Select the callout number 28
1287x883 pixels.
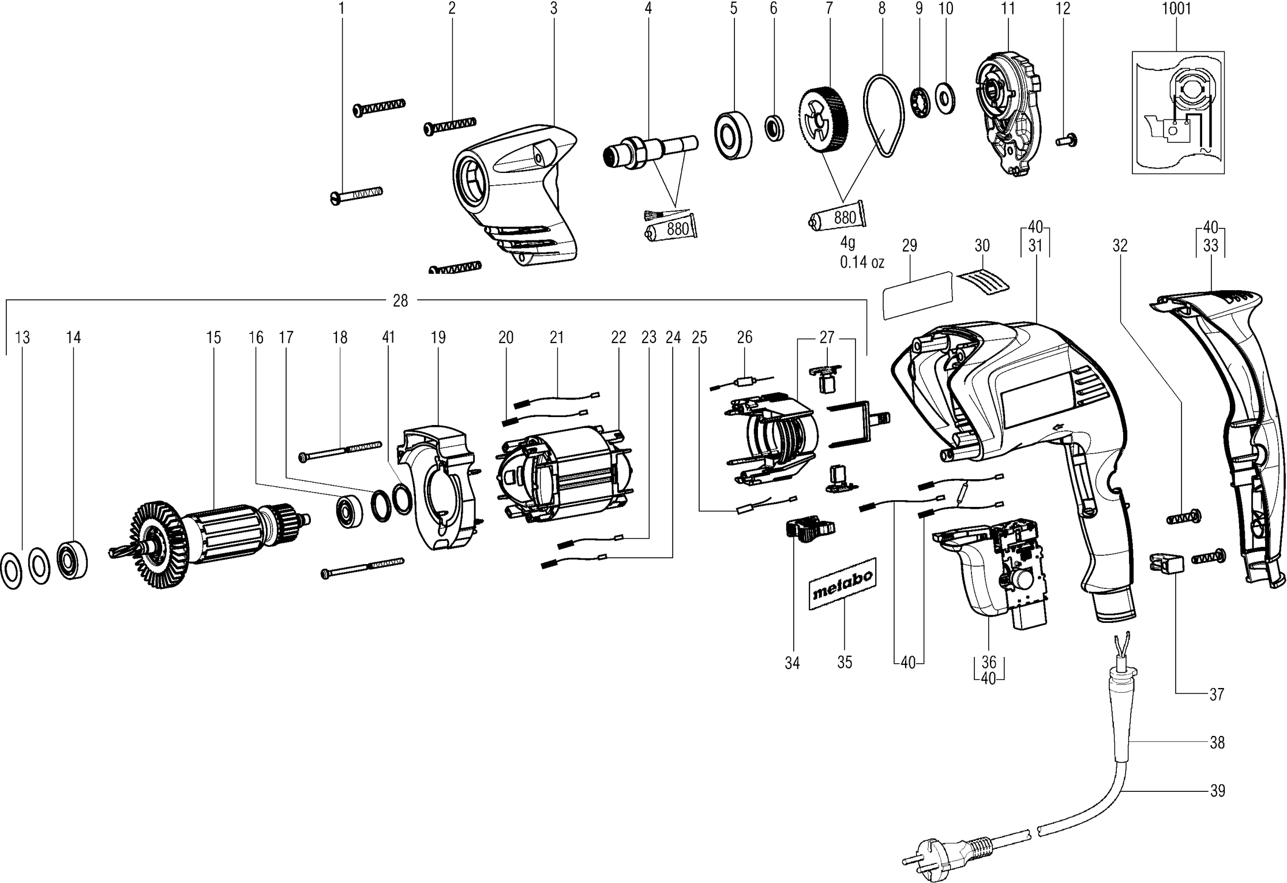[x=400, y=300]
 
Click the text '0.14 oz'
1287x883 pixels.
[x=862, y=262]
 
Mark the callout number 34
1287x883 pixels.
[x=792, y=663]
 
